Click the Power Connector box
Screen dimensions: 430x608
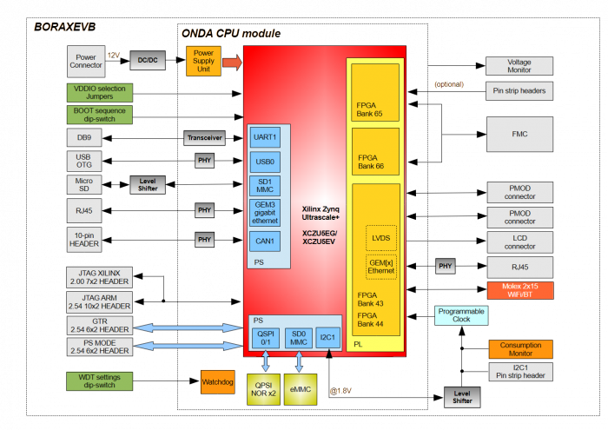[85, 61]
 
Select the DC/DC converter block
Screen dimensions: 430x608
[147, 61]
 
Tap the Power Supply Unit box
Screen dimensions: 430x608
[203, 61]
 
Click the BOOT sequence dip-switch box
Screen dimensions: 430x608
[99, 115]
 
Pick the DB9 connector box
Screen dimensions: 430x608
[84, 137]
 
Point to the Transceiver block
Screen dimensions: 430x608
[204, 137]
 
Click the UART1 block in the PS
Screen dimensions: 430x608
[265, 137]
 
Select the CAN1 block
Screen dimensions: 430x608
[265, 241]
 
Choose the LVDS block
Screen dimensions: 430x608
[380, 237]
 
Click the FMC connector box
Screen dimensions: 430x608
[519, 134]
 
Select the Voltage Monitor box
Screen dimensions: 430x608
[519, 66]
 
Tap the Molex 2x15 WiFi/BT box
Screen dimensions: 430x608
[519, 290]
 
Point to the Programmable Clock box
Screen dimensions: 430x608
[461, 315]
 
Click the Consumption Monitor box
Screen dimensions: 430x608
[519, 348]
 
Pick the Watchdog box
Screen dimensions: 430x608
[217, 381]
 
